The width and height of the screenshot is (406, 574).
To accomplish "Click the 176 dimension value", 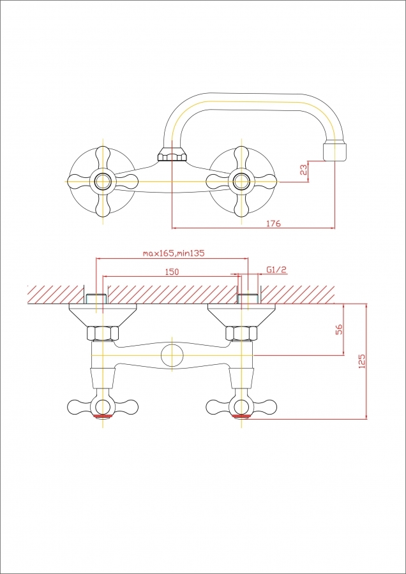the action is [274, 223].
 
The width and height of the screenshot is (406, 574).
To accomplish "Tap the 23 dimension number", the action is [303, 170].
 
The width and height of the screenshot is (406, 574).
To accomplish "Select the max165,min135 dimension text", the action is [174, 253].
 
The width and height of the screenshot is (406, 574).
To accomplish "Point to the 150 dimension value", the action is [172, 272].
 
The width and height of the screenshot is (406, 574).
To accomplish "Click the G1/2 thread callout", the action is [276, 270].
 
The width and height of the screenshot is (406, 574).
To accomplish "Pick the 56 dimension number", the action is [339, 329].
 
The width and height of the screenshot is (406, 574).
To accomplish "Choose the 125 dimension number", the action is [362, 361].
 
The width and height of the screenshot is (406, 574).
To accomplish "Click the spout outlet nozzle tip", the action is [335, 152].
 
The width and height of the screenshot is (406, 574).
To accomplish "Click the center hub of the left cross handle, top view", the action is [103, 181].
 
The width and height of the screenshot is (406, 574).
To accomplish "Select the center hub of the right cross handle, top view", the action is [241, 181].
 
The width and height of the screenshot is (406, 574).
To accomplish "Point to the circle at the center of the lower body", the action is [172, 355].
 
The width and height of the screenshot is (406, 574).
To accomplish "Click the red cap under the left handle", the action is [103, 416].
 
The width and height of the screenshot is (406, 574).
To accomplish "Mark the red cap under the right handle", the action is [241, 416].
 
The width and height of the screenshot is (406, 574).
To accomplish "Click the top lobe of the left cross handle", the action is [103, 158].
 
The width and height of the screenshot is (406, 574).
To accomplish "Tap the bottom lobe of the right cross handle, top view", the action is [241, 204].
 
